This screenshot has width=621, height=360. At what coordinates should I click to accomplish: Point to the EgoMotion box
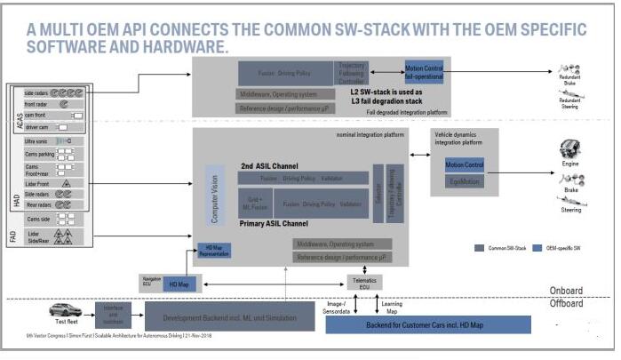(x=464, y=182)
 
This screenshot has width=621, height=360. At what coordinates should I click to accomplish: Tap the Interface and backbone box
(x=114, y=312)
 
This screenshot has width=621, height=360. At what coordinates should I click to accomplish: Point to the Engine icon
(x=569, y=149)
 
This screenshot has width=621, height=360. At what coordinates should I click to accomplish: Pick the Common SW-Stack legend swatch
(x=481, y=248)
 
